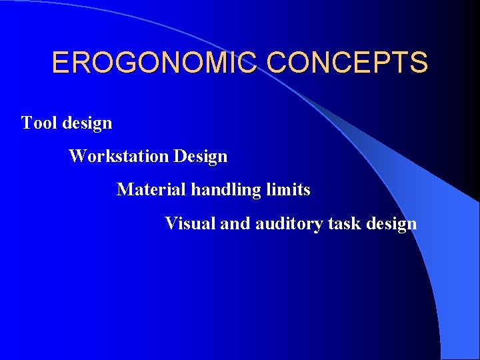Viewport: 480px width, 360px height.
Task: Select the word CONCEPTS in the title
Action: click(347, 63)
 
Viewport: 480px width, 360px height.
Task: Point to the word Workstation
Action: click(119, 157)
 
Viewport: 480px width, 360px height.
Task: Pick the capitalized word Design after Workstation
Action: click(201, 157)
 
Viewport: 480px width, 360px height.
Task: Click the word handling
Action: click(226, 191)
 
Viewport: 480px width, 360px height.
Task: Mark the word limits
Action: click(288, 190)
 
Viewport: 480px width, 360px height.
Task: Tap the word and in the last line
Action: click(235, 223)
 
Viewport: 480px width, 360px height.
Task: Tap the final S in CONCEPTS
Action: click(419, 63)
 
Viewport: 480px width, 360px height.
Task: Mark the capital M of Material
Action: click(125, 190)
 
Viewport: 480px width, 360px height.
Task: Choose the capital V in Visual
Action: click(171, 223)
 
